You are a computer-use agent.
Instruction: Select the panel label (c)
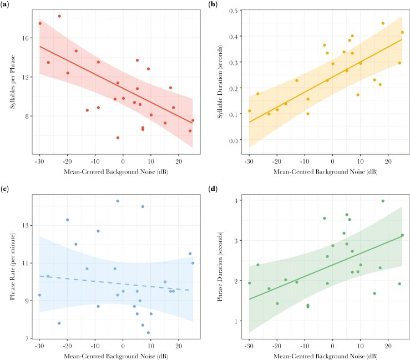[7, 190]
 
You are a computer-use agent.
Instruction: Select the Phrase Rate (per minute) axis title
[10, 268]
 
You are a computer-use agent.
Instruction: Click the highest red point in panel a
[59, 16]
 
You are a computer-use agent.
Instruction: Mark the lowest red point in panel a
[118, 138]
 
